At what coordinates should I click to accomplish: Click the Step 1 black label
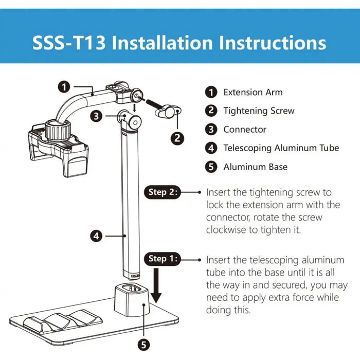[x=163, y=259]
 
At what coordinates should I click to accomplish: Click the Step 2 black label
[x=163, y=192]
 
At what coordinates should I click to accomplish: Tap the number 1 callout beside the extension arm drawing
[x=64, y=87]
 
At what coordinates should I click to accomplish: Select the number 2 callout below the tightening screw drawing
[x=177, y=138]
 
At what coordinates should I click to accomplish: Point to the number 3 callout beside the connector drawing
[x=97, y=116]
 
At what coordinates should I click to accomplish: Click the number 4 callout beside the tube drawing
[x=97, y=236]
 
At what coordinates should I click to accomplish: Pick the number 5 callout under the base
[x=143, y=345]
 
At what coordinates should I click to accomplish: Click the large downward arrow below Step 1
[x=156, y=286]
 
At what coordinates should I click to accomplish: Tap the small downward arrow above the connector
[x=135, y=107]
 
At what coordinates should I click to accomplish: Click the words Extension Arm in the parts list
[x=253, y=92]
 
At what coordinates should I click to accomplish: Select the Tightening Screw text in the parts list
[x=259, y=111]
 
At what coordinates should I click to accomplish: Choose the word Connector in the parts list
[x=245, y=130]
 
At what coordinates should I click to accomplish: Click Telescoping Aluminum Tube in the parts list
[x=281, y=148]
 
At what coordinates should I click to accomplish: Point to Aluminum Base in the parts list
[x=255, y=167]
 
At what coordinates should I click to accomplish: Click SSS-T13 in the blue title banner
[x=69, y=43]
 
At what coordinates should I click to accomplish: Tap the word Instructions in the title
[x=273, y=43]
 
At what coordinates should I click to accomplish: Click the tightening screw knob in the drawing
[x=169, y=111]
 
